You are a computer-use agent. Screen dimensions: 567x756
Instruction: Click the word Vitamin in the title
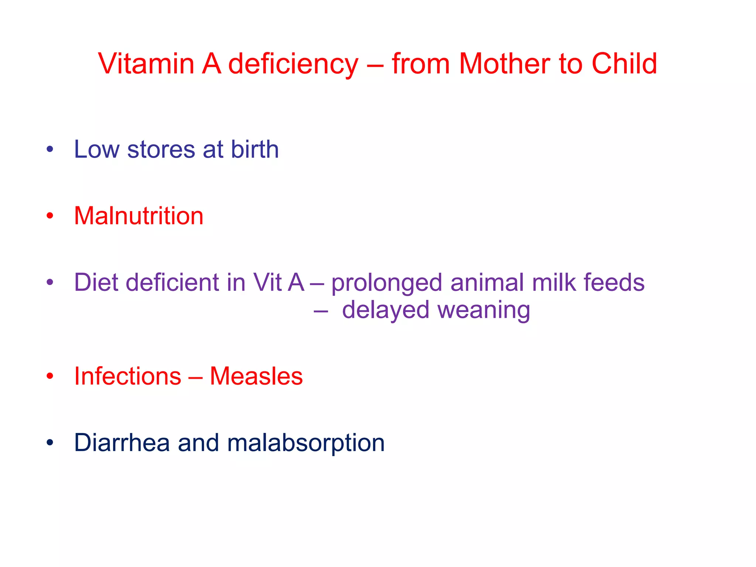[x=146, y=63]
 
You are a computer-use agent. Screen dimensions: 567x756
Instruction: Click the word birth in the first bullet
[x=255, y=149]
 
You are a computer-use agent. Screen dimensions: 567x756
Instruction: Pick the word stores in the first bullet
[x=161, y=150]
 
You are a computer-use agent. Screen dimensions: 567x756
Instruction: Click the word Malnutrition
[x=139, y=216]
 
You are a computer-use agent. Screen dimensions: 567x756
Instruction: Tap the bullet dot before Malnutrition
[x=50, y=216]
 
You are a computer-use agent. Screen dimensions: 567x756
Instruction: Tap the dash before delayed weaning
[x=320, y=311]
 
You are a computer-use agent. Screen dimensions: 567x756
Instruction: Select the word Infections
[x=128, y=376]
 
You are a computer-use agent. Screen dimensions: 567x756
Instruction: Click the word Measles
[x=256, y=376]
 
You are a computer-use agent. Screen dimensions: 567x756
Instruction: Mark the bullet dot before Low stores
[x=50, y=150]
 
